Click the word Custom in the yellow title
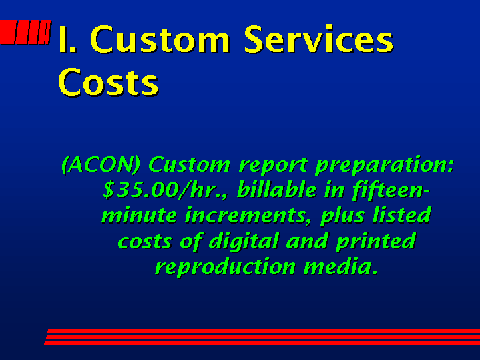pos(160,39)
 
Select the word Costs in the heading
pos(108,82)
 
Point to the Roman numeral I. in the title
pos(67,39)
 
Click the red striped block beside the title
pos(25,32)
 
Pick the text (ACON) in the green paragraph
pos(101,165)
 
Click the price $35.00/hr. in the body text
pos(165,190)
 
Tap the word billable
pos(277,189)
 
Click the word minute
pos(140,215)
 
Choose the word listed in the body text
pos(402,214)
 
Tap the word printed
pos(376,241)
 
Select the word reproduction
pos(225,267)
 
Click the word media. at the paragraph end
pos(340,266)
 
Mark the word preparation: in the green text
pos(385,166)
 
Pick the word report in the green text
pos(273,166)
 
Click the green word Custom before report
pos(189,164)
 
